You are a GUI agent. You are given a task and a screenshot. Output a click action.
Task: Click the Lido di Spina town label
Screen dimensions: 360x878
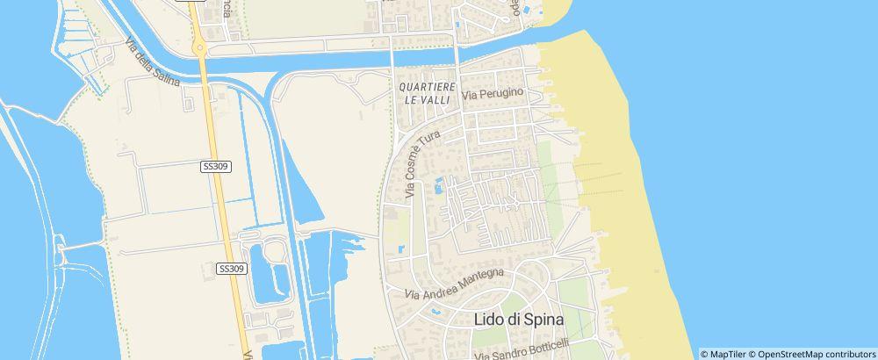pyautogui.click(x=518, y=320)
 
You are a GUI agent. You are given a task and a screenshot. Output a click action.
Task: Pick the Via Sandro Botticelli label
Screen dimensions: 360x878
pyautogui.click(x=522, y=349)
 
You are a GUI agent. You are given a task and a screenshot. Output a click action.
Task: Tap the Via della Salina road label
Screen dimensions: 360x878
pyautogui.click(x=152, y=62)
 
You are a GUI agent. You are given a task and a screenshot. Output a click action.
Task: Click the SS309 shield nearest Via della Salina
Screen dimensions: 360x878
pyautogui.click(x=216, y=166)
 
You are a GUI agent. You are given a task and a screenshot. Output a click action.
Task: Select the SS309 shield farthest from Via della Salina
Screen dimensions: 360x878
pyautogui.click(x=230, y=269)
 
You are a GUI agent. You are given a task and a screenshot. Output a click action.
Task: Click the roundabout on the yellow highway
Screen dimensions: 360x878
pyautogui.click(x=200, y=48)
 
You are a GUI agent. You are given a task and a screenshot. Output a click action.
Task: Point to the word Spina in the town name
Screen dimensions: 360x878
pyautogui.click(x=537, y=320)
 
